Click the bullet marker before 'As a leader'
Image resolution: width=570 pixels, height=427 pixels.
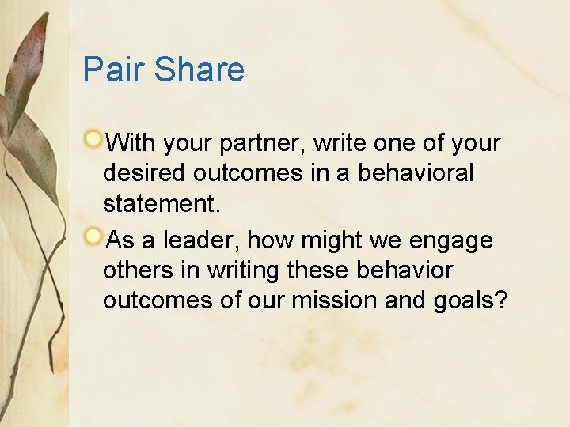tap(94, 236)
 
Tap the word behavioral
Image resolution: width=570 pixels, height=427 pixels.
tap(416, 173)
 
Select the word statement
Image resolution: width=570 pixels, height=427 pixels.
tap(162, 204)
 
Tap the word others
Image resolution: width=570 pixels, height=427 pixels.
tap(138, 270)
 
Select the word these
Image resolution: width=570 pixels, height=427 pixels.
tap(320, 270)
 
